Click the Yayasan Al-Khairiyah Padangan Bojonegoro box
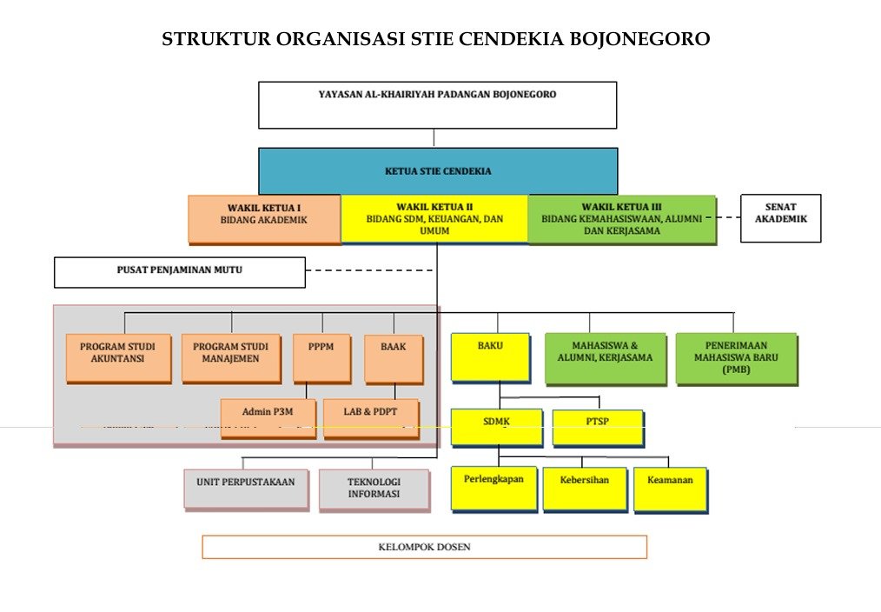click(x=437, y=104)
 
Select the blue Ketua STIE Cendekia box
click(x=438, y=170)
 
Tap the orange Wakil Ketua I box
click(x=264, y=218)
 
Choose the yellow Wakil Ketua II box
click(x=434, y=218)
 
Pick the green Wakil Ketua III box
click(x=621, y=219)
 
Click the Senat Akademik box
click(x=780, y=217)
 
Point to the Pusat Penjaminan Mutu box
click(x=180, y=271)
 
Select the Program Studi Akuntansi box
click(x=118, y=357)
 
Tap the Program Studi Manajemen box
click(x=230, y=357)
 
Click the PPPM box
click(x=321, y=357)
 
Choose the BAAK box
click(x=393, y=357)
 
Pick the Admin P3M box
click(x=268, y=418)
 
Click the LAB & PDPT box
click(x=370, y=418)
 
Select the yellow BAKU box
click(x=489, y=356)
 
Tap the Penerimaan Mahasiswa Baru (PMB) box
click(x=736, y=357)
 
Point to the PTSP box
click(x=597, y=428)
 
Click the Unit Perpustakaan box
click(x=246, y=489)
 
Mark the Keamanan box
click(x=670, y=489)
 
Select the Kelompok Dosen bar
click(x=424, y=547)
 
